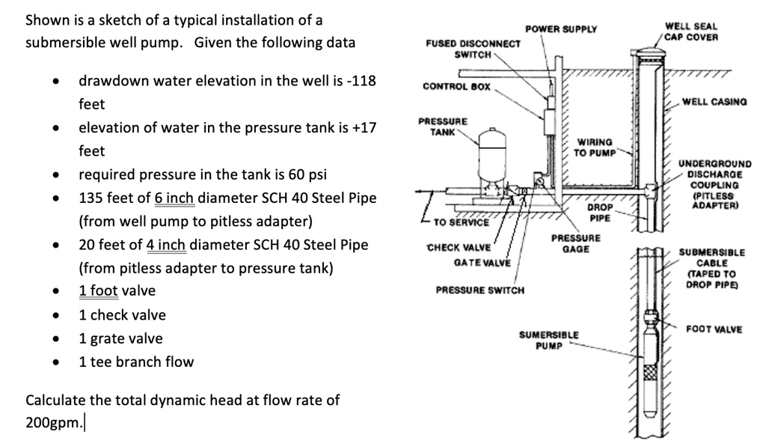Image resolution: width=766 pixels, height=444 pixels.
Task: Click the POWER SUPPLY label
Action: point(561,29)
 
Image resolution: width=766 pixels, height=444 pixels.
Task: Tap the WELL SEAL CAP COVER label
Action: point(691,31)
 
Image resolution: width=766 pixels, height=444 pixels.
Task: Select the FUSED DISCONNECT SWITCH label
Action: point(473,49)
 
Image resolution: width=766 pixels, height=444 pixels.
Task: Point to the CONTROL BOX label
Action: point(456,86)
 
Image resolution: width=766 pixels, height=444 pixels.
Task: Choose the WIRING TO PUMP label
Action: point(595,147)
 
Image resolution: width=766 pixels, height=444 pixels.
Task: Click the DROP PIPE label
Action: point(600,213)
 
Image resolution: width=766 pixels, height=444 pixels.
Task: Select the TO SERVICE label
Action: point(461,222)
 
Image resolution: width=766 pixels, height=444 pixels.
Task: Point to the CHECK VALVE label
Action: point(459,248)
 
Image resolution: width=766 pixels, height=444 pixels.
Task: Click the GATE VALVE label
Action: point(482,263)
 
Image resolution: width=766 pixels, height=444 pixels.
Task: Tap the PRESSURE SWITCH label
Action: point(479,290)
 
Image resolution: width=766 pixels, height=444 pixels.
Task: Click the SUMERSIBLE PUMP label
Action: point(548,339)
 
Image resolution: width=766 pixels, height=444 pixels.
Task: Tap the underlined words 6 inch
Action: point(174,198)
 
